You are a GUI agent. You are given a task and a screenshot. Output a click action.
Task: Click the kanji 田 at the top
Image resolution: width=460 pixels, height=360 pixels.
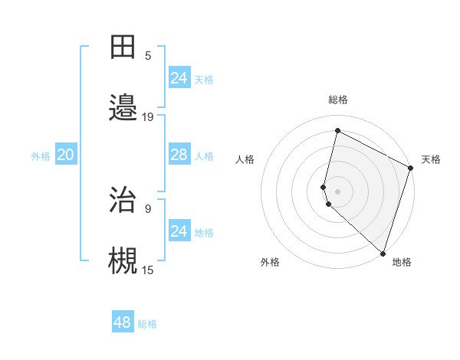pyautogui.click(x=123, y=47)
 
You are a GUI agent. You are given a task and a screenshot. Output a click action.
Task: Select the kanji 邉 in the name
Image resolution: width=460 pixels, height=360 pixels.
pyautogui.click(x=123, y=106)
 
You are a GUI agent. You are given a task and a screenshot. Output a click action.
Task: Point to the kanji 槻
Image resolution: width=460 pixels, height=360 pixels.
pyautogui.click(x=123, y=260)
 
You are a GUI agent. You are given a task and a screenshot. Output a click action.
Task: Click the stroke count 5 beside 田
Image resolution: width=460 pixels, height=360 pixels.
pyautogui.click(x=148, y=55)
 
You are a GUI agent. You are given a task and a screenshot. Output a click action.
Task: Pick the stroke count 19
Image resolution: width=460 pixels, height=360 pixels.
pyautogui.click(x=148, y=116)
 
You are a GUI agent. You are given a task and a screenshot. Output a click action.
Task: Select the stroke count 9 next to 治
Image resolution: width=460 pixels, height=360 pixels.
pyautogui.click(x=148, y=208)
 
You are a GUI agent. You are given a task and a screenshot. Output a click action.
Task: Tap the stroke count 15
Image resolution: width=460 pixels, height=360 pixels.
pyautogui.click(x=148, y=269)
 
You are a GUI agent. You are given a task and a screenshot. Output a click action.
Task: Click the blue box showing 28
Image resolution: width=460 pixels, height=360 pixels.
pyautogui.click(x=179, y=155)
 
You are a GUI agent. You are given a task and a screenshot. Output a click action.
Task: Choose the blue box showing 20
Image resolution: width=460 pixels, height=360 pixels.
pyautogui.click(x=65, y=155)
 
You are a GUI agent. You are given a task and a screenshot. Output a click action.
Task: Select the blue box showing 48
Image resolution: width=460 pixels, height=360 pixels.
pyautogui.click(x=123, y=322)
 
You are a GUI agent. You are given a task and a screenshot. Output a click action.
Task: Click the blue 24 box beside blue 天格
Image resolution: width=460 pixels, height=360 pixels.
pyautogui.click(x=179, y=77)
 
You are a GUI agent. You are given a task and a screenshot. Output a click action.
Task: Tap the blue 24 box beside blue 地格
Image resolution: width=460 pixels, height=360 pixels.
pyautogui.click(x=179, y=231)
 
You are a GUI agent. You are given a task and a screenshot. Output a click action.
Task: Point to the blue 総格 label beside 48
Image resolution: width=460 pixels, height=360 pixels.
pyautogui.click(x=148, y=324)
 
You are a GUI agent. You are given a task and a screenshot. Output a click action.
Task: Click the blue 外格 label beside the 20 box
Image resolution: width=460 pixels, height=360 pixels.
pyautogui.click(x=41, y=156)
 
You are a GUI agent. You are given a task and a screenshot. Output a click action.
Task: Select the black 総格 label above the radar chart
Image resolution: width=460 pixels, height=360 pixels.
pyautogui.click(x=338, y=100)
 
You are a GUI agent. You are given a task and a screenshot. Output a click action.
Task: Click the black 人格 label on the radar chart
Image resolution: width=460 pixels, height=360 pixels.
pyautogui.click(x=245, y=159)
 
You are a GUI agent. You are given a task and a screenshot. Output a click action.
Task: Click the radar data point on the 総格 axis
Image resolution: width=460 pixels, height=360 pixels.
pyautogui.click(x=337, y=131)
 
